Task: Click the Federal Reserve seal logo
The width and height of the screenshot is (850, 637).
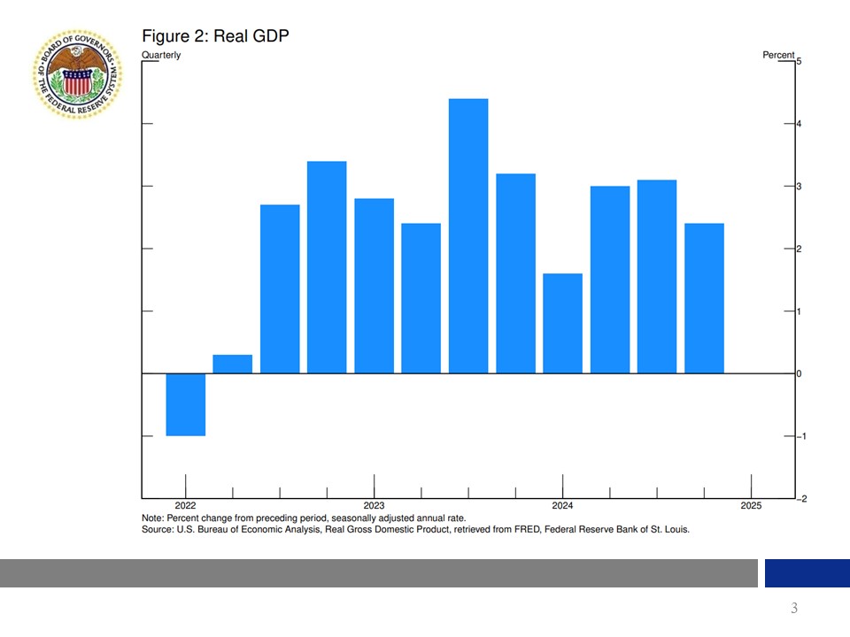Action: pos(77,74)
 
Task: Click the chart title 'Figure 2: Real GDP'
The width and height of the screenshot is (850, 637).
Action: pos(215,35)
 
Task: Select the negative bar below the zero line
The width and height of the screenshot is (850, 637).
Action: pos(186,404)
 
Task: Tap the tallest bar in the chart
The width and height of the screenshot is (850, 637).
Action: pos(468,235)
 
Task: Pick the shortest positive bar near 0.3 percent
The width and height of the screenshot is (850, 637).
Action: pos(233,364)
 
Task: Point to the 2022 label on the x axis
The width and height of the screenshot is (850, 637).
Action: pos(186,506)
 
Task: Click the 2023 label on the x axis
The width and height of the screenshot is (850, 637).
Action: pos(374,506)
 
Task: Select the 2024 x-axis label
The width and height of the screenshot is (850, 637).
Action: pos(562,506)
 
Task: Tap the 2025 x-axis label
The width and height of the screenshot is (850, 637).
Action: pos(751,506)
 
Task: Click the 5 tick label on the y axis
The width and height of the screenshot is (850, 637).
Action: pos(800,61)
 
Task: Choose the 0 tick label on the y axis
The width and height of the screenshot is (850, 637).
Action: pos(800,374)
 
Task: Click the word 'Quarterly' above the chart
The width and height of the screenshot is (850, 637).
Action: pos(161,55)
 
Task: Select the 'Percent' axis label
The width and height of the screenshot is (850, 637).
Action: pos(778,55)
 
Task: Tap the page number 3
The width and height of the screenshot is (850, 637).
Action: pos(794,608)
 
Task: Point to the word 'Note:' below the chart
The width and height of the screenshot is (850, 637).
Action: pos(153,518)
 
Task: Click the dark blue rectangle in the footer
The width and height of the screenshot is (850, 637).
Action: pos(807,573)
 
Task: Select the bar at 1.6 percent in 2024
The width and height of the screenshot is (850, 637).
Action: pos(562,323)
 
